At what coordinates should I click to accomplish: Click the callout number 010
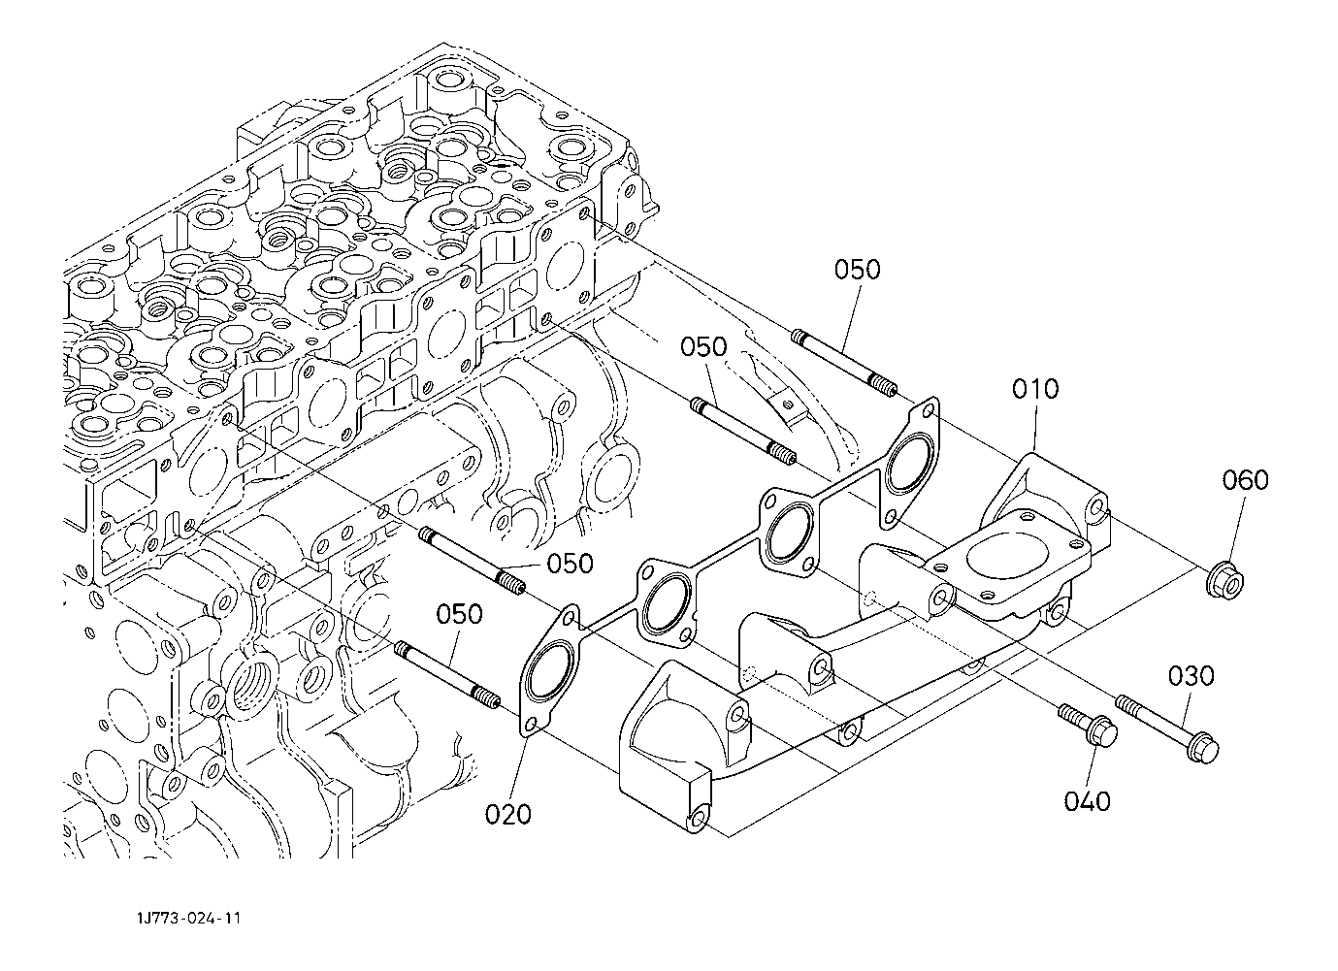(x=1035, y=389)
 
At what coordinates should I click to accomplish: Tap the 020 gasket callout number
(x=507, y=814)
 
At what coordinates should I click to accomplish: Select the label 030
(x=1191, y=676)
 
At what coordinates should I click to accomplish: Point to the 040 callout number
(x=1087, y=801)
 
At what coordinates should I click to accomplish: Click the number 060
(x=1246, y=479)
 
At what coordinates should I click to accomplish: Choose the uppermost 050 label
(x=857, y=270)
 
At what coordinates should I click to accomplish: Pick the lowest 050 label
(x=459, y=614)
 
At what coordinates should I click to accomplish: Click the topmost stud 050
(x=844, y=362)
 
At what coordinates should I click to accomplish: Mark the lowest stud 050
(x=447, y=675)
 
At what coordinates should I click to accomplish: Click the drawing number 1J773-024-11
(x=189, y=918)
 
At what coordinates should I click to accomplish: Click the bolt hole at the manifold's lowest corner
(x=697, y=821)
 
